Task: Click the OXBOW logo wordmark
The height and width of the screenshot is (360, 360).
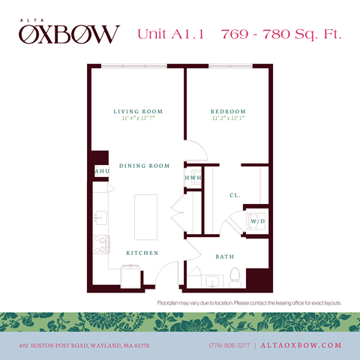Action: (69, 33)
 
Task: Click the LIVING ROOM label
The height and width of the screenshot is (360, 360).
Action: (138, 112)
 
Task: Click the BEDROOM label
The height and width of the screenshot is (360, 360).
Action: (228, 112)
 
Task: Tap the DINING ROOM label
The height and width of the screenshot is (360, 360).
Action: (144, 166)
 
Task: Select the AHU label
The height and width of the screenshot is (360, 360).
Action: (102, 172)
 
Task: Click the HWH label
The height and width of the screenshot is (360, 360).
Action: (193, 178)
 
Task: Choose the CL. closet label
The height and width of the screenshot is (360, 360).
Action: (235, 196)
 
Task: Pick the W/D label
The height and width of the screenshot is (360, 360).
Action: (256, 222)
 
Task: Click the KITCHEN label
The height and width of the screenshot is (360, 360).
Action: (142, 253)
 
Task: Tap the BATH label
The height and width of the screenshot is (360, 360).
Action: (225, 256)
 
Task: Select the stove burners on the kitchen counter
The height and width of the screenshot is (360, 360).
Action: (100, 244)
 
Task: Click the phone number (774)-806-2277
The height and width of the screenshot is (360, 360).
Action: (230, 345)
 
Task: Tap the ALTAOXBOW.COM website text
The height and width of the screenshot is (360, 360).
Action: (301, 345)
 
